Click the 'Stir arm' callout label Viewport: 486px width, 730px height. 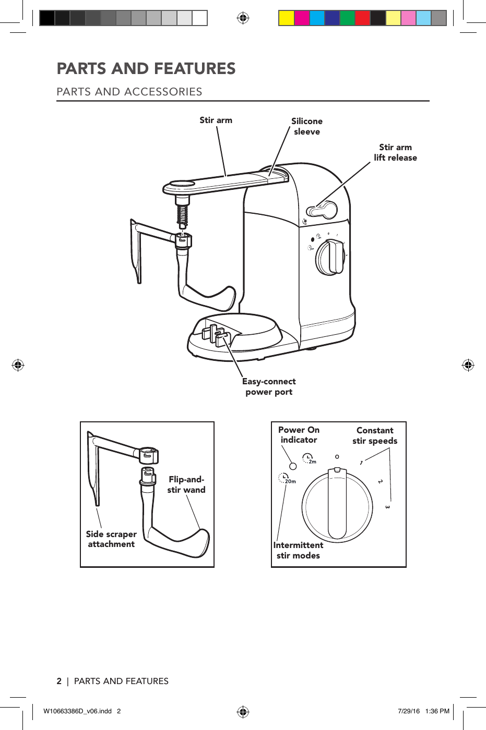216,120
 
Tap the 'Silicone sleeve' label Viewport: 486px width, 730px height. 306,126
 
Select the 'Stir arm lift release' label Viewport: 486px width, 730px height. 395,152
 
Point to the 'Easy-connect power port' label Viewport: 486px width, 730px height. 269,387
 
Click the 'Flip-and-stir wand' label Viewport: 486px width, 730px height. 186,484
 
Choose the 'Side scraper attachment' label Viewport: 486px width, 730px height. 111,539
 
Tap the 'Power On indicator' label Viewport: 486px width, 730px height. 299,435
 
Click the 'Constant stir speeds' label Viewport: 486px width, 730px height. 375,435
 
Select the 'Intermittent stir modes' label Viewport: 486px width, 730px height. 298,550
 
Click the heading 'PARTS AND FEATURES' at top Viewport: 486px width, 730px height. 146,68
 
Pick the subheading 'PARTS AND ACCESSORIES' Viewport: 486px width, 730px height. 129,92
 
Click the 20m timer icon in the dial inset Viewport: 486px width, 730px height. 287,478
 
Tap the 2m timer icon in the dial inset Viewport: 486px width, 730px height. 310,459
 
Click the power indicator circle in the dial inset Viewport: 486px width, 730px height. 293,466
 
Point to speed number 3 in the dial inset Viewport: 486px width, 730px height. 387,507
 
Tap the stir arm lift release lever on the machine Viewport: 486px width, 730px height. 322,210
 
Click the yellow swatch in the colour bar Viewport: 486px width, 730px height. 286,18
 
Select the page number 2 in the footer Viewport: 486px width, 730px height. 59,681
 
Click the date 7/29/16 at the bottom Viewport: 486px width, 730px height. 409,711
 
